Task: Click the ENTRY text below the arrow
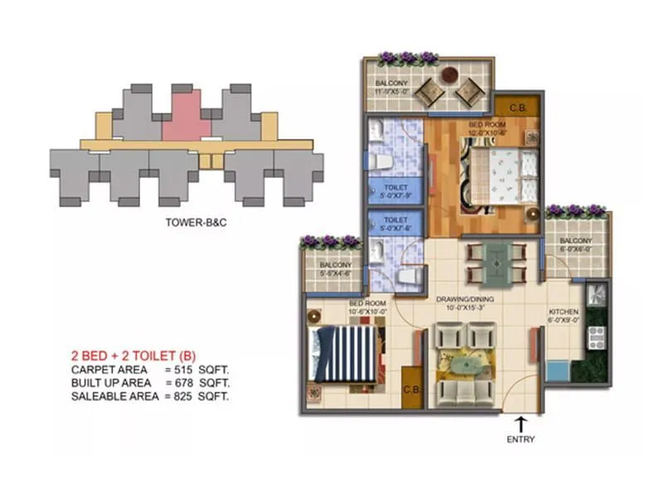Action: tap(520, 439)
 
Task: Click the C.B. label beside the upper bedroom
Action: tap(518, 107)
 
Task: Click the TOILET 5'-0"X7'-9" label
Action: tap(394, 192)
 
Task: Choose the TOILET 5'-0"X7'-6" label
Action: tap(394, 225)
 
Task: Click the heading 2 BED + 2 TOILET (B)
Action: tap(138, 356)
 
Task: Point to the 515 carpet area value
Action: tap(187, 369)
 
